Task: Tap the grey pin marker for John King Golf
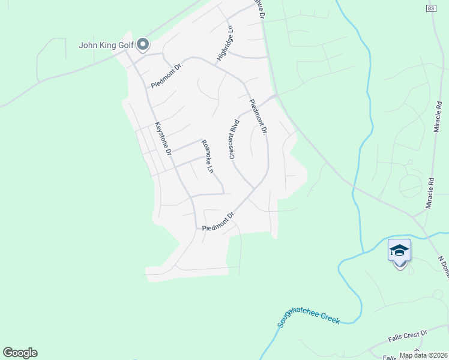coord(143,44)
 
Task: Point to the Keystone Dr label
coord(163,139)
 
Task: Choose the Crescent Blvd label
coord(235,139)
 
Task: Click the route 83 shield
coord(432,8)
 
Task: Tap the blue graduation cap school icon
coord(399,250)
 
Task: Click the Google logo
coord(20,353)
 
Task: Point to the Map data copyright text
coord(423,355)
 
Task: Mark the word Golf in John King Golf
coord(125,44)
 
